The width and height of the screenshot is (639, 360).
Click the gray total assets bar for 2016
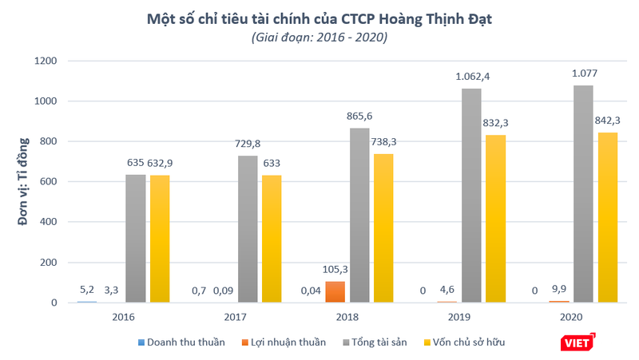[x=136, y=238]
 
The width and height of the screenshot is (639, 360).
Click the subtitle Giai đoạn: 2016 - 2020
[x=319, y=38]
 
